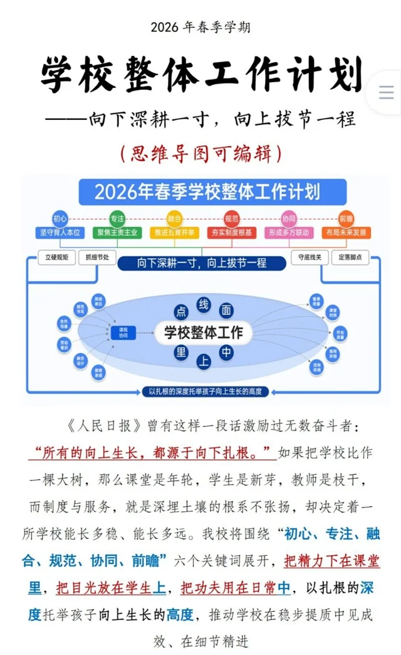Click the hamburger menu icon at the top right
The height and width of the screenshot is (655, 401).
click(x=387, y=93)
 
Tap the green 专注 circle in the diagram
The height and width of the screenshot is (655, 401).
click(x=117, y=218)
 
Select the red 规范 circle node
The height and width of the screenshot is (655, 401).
click(x=231, y=218)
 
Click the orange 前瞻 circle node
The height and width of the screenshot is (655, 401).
click(x=346, y=218)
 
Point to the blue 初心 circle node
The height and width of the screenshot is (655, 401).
click(x=60, y=218)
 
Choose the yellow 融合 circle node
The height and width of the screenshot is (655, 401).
click(x=174, y=218)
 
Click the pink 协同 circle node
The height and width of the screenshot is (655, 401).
click(x=289, y=218)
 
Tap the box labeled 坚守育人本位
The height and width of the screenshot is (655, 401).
click(x=60, y=233)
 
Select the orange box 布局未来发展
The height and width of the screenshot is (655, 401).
click(x=346, y=233)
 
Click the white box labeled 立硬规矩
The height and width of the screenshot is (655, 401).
click(x=57, y=257)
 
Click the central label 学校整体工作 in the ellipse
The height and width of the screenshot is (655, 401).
click(x=203, y=332)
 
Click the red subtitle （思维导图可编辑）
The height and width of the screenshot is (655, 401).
click(x=200, y=152)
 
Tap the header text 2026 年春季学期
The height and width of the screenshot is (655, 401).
click(x=200, y=27)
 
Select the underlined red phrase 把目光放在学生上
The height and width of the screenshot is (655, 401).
click(x=112, y=588)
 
